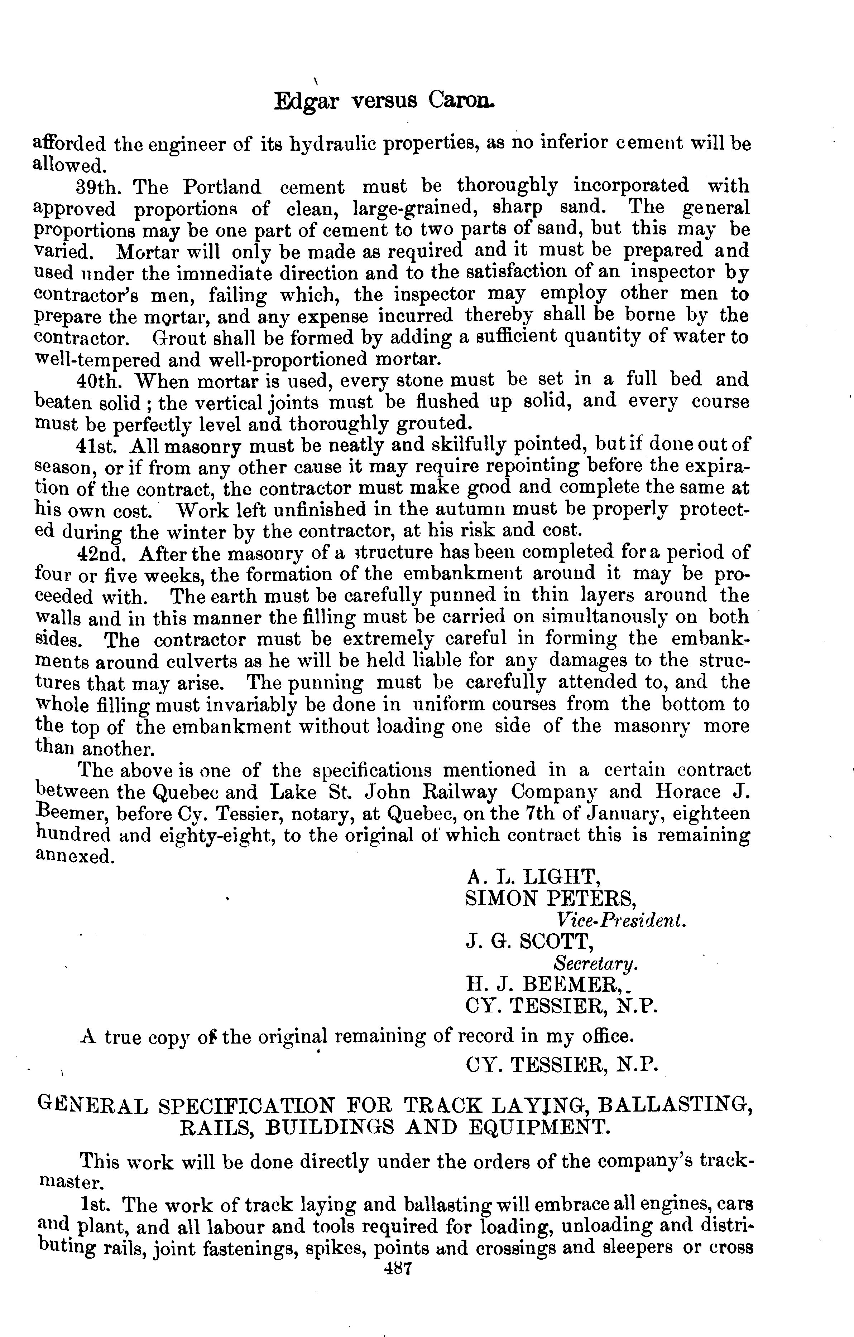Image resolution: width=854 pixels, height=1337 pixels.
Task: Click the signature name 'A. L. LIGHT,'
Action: click(532, 877)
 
